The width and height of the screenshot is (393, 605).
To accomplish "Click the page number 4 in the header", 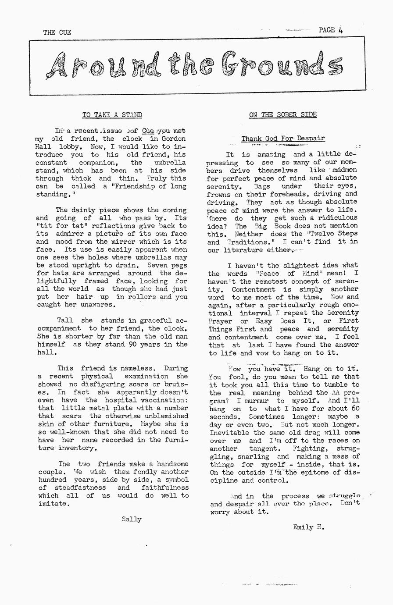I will [x=340, y=30].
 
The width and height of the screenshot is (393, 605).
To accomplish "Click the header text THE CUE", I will [x=57, y=32].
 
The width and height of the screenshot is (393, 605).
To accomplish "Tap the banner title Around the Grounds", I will [x=194, y=66].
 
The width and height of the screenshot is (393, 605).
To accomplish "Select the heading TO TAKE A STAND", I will [x=112, y=115].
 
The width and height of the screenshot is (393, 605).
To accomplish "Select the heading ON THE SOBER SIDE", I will [x=282, y=115].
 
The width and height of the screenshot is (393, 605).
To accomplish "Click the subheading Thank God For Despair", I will [x=283, y=139].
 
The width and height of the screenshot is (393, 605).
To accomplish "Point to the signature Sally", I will [x=132, y=520].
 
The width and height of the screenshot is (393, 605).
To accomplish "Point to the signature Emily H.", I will [x=309, y=527].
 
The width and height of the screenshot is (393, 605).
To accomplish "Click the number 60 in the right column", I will [x=355, y=409].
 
